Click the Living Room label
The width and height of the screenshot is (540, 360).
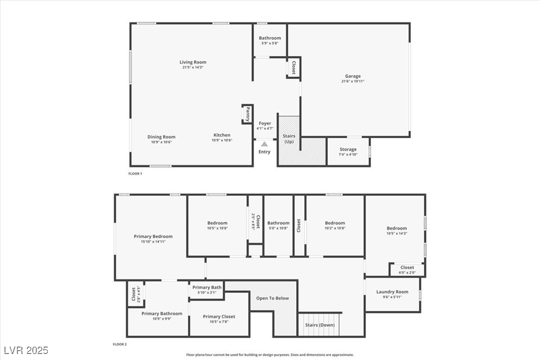point(193,62)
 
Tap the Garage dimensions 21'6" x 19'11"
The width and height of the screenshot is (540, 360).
point(353,82)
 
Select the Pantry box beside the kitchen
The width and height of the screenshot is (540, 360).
point(247,114)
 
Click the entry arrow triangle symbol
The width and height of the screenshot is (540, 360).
point(265,143)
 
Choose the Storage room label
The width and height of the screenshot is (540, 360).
point(348,149)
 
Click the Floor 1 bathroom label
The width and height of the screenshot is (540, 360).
point(270,38)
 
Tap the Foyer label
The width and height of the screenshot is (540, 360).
point(265,123)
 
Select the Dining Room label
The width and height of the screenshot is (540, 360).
point(161,137)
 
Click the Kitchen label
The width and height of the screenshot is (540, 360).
point(222,135)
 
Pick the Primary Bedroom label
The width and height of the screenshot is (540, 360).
point(153,236)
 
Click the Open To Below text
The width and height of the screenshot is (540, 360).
point(272,298)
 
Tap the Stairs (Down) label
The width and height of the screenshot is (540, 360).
point(320,325)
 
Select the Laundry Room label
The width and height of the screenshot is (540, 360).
point(392,292)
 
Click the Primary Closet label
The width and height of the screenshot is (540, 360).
point(219,316)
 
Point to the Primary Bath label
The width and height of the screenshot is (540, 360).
point(207,287)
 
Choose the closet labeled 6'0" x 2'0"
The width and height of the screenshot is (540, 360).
point(407,270)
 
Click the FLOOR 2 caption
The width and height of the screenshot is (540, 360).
point(120,344)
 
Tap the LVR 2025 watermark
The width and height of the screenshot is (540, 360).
point(25,351)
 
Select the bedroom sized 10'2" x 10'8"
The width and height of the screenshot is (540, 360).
point(335,226)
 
